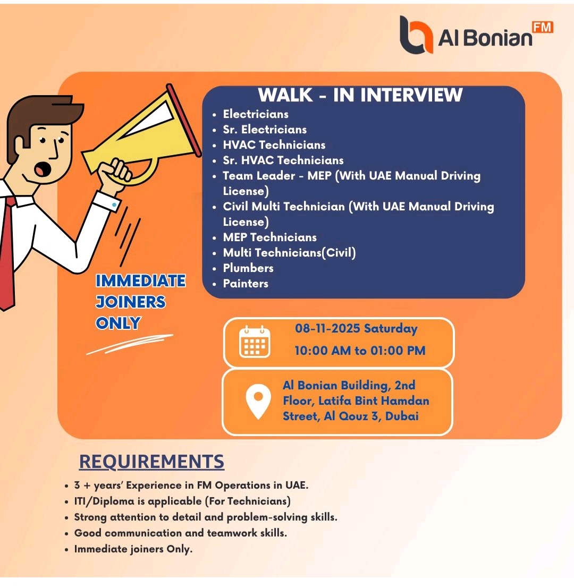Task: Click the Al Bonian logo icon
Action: pos(416,35)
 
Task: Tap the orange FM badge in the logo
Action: pos(542,27)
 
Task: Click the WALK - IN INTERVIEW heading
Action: pos(360,95)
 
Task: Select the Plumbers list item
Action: pos(248,268)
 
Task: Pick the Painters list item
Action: pos(246,284)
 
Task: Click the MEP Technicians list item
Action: pos(269,237)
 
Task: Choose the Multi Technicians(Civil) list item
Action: pos(289,253)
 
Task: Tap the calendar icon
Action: pos(255,342)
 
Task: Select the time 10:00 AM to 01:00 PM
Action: pos(360,351)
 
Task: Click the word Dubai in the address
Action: pos(402,416)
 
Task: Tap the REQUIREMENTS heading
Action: pos(151,462)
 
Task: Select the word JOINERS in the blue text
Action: pos(130,302)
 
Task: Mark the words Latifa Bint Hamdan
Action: pos(374,401)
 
